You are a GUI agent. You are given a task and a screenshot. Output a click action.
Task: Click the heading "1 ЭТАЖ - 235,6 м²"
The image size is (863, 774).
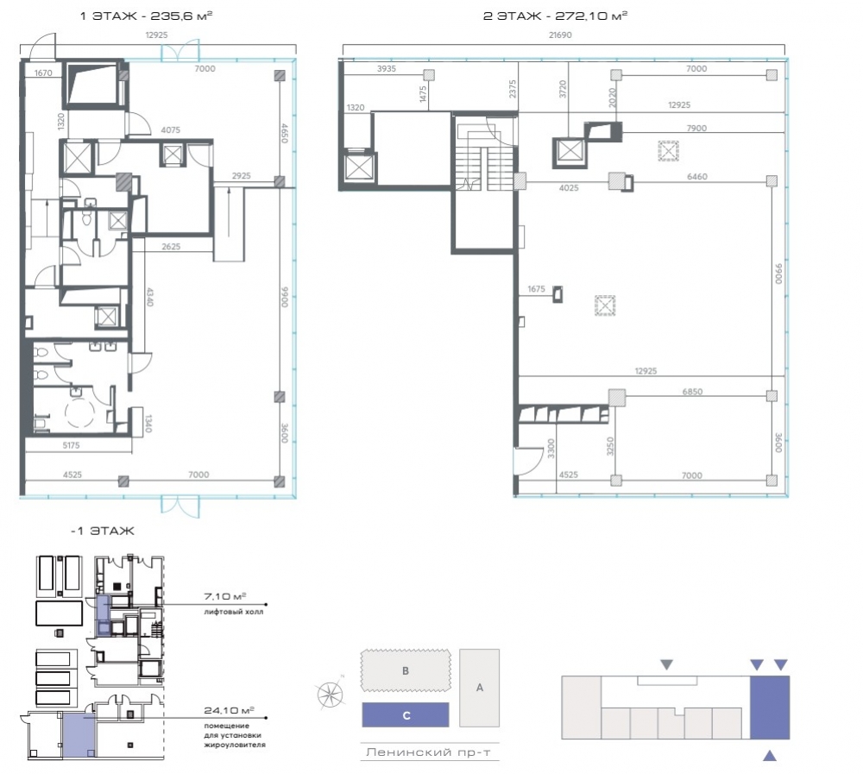tap(147, 16)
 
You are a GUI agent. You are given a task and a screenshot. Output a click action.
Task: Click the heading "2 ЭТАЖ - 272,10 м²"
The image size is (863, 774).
tap(555, 16)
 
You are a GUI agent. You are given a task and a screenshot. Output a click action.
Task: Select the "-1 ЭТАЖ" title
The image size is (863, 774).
tap(103, 532)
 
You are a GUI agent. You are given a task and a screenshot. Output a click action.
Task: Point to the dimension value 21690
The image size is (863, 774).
tap(560, 35)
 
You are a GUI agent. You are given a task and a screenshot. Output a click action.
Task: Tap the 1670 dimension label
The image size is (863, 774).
tap(43, 72)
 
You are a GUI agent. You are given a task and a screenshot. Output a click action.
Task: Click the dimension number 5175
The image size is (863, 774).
tap(71, 445)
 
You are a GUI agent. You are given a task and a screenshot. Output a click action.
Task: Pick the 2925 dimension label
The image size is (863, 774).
tap(241, 176)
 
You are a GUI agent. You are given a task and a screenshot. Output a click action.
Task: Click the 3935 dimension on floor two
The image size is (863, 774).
tap(387, 69)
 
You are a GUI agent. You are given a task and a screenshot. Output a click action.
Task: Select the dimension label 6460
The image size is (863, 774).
tap(696, 177)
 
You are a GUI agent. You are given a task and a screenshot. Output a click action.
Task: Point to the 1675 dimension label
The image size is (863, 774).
tap(536, 289)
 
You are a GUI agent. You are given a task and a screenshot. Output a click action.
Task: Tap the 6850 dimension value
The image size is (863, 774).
tap(692, 392)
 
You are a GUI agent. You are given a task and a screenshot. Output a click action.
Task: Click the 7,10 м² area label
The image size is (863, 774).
tap(224, 596)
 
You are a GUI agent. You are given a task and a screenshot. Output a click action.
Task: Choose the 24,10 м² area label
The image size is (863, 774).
tap(229, 711)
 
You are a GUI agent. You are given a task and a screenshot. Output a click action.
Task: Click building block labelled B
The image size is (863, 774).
tap(406, 670)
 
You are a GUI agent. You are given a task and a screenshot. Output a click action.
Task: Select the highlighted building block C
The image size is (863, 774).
tap(406, 715)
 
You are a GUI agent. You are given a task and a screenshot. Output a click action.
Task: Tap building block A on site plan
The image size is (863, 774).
tap(479, 688)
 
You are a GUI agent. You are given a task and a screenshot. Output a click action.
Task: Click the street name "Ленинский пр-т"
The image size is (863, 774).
tap(428, 752)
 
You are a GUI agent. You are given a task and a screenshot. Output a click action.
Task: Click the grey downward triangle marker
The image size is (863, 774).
tap(666, 665)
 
